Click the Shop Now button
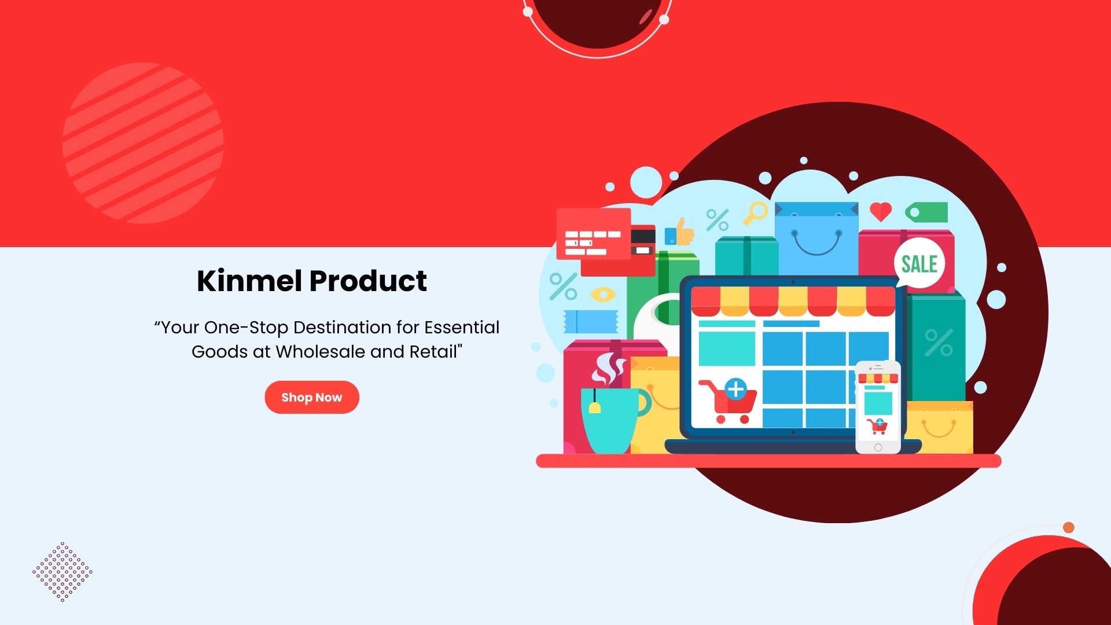coord(312,397)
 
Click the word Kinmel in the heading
coord(249,281)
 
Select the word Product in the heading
coord(368,281)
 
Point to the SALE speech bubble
coord(919,263)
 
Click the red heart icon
coord(881,212)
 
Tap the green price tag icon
coord(926,212)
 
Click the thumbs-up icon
coord(680,231)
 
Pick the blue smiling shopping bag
coord(816,238)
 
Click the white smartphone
coord(878,407)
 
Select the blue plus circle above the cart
coord(735,389)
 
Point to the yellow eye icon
coord(603,295)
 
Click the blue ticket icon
coord(591,322)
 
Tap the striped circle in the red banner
coord(143,143)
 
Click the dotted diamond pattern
coord(62,572)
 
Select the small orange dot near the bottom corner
coord(1069,528)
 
